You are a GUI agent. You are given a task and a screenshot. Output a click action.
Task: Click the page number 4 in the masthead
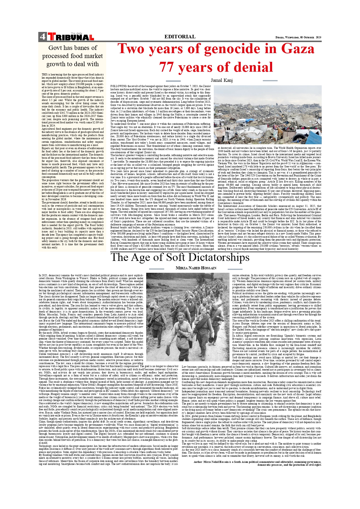click(x=42, y=37)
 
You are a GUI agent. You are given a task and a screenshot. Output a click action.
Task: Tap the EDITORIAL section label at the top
click(x=180, y=37)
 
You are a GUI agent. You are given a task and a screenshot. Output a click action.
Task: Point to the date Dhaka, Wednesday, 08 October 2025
click(x=298, y=37)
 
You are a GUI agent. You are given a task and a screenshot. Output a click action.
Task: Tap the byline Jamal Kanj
click(x=222, y=80)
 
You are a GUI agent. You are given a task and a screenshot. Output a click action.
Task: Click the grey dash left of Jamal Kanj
click(x=173, y=81)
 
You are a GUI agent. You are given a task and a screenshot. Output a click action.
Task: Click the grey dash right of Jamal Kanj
click(x=270, y=81)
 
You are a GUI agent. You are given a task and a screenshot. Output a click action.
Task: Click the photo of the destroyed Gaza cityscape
click(x=267, y=115)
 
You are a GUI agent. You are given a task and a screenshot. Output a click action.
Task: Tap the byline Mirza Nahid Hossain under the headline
click(x=196, y=268)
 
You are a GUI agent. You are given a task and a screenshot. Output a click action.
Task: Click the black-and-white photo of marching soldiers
click(x=188, y=317)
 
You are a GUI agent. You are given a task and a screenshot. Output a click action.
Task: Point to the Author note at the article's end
click(x=257, y=463)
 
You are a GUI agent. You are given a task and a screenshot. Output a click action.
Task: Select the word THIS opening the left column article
click(x=44, y=75)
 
